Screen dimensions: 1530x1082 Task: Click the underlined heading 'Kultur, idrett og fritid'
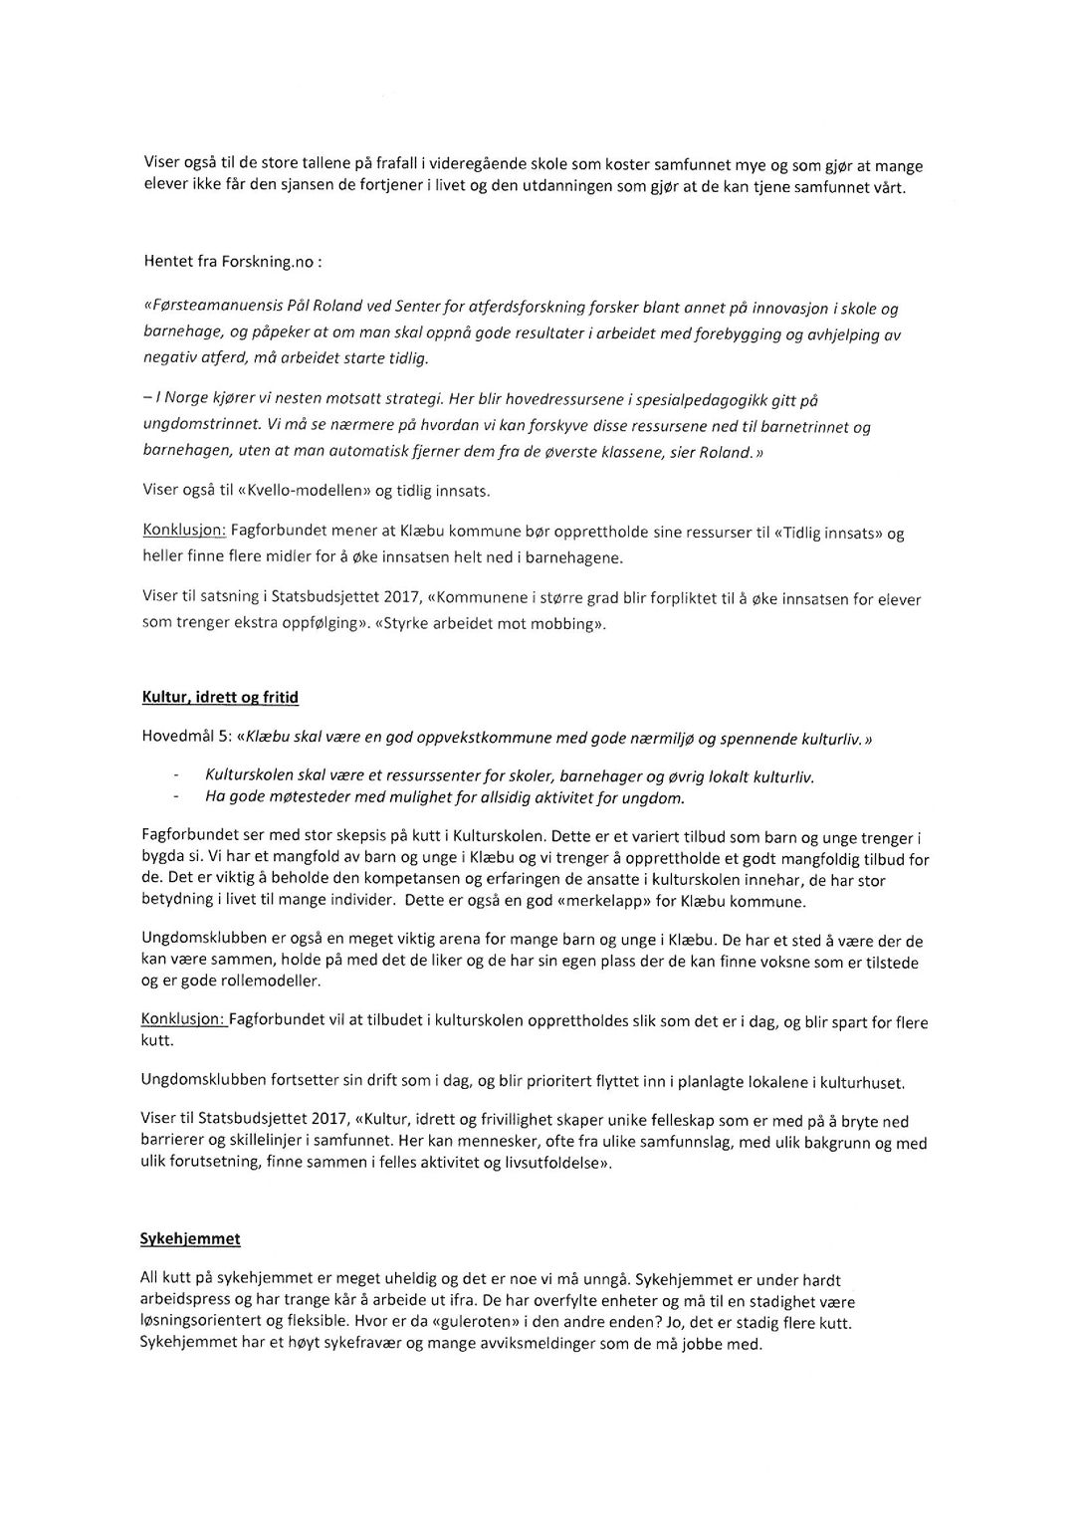pyautogui.click(x=220, y=698)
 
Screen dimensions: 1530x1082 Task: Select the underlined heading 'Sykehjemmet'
pyautogui.click(x=189, y=1239)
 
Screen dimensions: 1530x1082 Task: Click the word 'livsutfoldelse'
pyautogui.click(x=553, y=1163)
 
